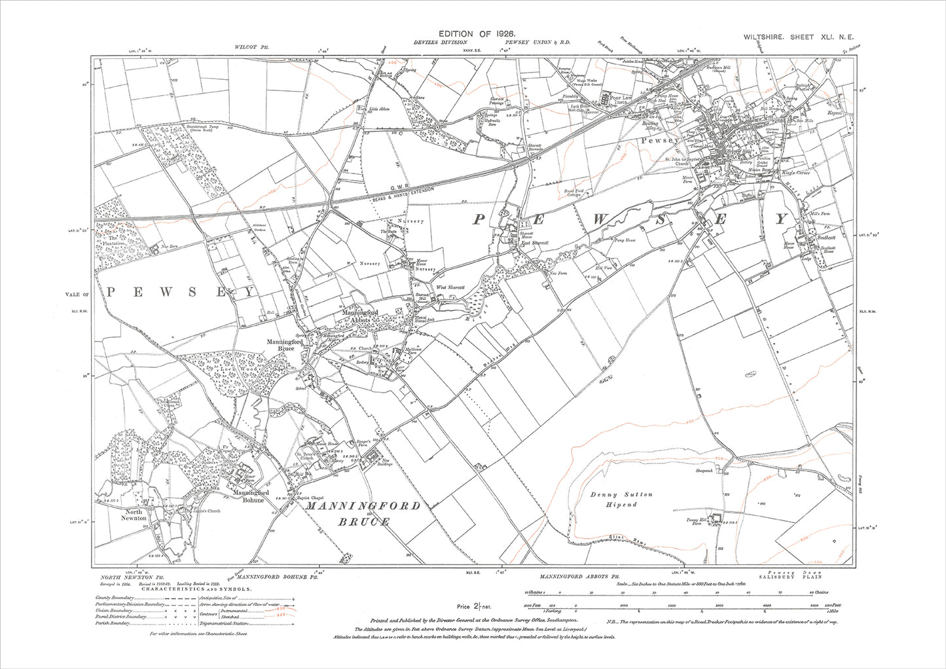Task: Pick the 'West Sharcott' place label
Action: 450,287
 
